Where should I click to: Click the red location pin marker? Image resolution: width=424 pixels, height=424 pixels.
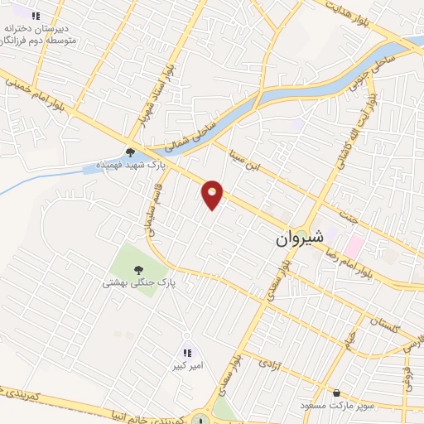point(213,194)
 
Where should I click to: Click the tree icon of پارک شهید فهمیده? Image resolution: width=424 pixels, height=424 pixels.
point(130,151)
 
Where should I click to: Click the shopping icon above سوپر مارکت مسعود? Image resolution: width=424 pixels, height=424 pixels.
point(336,393)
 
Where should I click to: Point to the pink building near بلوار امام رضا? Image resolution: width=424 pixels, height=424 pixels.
point(354,245)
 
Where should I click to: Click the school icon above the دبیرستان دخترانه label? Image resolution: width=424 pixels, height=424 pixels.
point(36,16)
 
